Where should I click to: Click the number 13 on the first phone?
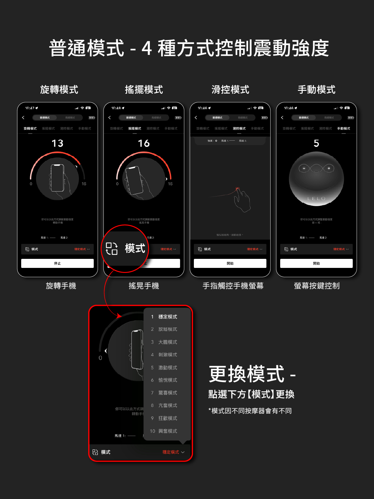[57, 143]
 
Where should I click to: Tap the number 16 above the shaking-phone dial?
[144, 143]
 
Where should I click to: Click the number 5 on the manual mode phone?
[316, 143]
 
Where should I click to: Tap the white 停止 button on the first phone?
[57, 263]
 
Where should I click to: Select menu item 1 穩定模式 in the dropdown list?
[167, 317]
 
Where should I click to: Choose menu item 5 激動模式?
[167, 368]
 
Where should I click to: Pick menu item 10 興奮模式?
[167, 431]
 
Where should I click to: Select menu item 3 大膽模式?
[167, 342]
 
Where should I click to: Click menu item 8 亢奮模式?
[167, 405]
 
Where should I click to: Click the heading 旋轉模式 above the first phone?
[59, 90]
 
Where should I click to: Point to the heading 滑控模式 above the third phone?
[230, 90]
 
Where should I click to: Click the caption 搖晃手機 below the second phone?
[144, 286]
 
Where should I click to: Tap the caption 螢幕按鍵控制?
[317, 286]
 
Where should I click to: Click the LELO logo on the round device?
[316, 198]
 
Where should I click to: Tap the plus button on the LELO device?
[328, 168]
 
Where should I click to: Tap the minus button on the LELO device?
[304, 168]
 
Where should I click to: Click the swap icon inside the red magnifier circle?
[112, 249]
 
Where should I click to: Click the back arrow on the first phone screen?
[23, 118]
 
